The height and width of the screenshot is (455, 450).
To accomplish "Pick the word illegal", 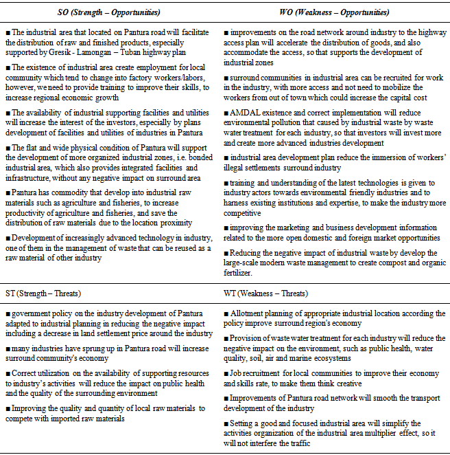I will (x=238, y=167).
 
